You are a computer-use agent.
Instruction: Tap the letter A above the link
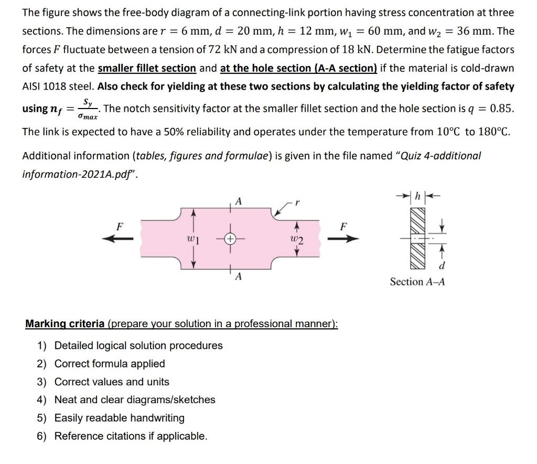[x=239, y=200]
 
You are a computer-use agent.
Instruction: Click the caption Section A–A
[x=417, y=282]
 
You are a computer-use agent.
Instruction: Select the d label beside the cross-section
[x=442, y=266]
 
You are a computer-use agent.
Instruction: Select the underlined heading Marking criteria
[x=65, y=323]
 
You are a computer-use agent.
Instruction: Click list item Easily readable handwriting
[x=120, y=418]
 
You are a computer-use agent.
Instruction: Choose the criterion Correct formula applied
[x=110, y=363]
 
